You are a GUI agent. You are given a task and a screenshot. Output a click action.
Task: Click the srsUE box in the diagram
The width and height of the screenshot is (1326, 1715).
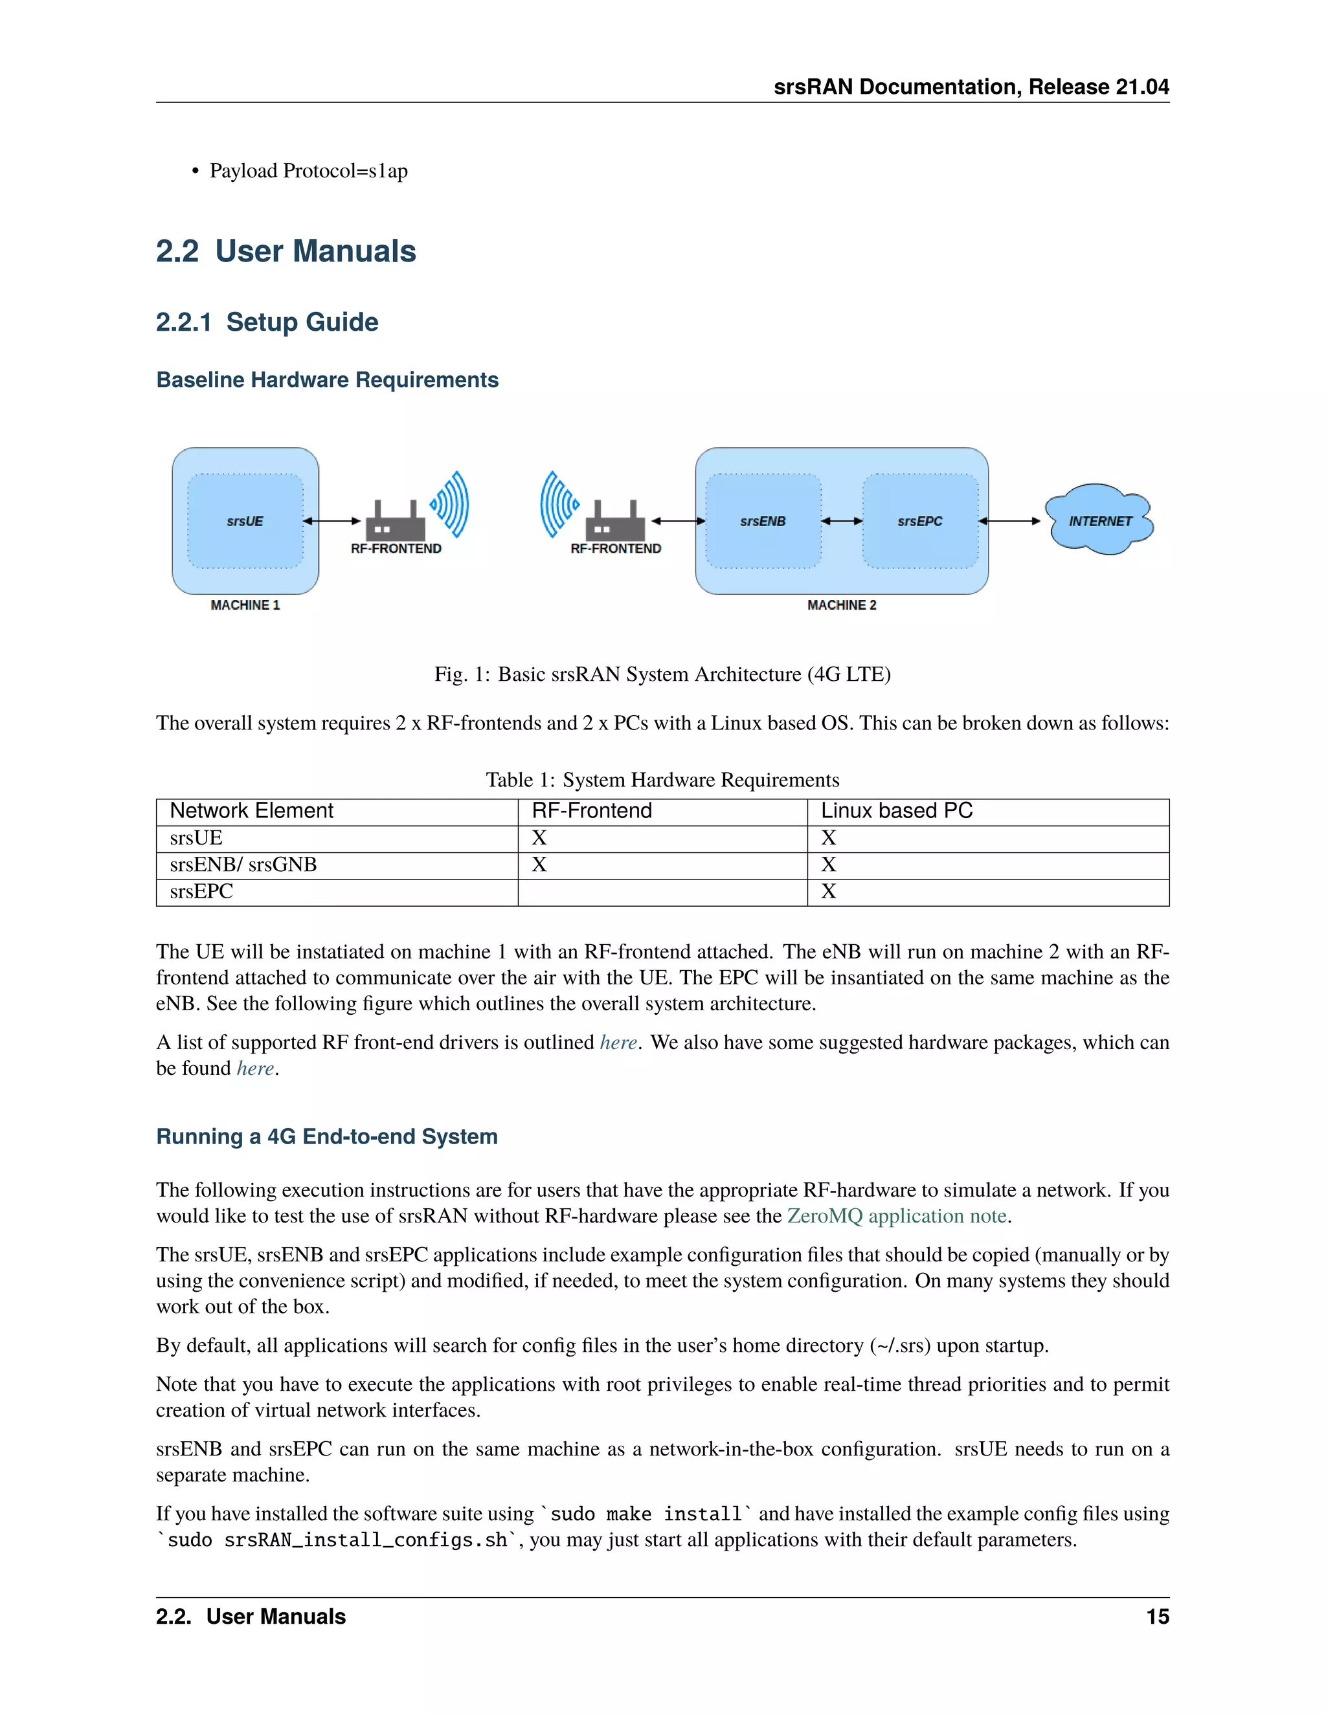tap(245, 520)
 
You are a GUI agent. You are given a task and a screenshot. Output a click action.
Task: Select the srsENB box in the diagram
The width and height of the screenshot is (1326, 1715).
tap(763, 520)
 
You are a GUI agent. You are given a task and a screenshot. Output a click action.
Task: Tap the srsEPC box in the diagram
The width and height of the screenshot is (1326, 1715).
tap(920, 520)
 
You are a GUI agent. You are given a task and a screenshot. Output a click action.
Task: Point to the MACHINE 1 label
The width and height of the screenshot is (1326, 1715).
tap(245, 604)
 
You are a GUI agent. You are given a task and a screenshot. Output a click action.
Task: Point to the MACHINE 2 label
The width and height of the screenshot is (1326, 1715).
tap(841, 604)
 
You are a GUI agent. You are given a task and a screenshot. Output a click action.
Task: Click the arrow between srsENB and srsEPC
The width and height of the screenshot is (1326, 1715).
tap(841, 520)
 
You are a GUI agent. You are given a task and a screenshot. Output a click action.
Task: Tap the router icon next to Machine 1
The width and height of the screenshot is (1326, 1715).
tap(395, 520)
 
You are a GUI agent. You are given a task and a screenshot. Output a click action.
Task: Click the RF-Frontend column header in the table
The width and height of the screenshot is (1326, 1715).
tap(592, 810)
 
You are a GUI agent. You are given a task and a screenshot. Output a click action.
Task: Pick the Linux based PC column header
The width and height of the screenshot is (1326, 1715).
tap(896, 810)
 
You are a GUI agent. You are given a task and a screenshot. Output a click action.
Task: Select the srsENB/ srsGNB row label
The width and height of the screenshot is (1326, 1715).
tap(243, 865)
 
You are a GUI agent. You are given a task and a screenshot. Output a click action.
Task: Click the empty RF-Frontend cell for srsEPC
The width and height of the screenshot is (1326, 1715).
tap(662, 892)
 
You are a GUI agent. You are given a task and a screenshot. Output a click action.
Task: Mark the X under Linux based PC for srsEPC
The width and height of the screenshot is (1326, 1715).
tap(828, 891)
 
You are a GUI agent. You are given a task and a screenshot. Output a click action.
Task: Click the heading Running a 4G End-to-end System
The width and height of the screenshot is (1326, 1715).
tap(327, 1136)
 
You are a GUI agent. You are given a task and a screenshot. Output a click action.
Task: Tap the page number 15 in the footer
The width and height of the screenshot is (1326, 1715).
tap(1157, 1617)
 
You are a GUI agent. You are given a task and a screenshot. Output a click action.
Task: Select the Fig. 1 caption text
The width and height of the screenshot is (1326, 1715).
tap(662, 674)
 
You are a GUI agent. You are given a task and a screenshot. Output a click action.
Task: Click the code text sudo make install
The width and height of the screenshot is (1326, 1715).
tap(646, 1514)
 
